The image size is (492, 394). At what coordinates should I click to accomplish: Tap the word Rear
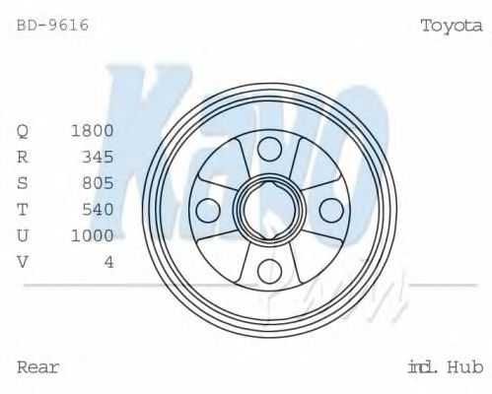pos(38,367)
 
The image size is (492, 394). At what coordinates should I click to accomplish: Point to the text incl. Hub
pos(445,367)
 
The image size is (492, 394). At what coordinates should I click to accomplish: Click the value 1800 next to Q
pos(93,130)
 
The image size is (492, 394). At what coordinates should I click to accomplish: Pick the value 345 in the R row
pos(98,156)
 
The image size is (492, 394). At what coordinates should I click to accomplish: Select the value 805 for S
pos(98,182)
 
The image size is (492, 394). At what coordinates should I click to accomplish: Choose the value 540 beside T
pos(98,208)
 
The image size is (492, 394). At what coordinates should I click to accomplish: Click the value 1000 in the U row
pos(93,234)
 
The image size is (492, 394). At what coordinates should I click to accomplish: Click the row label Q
pos(24,131)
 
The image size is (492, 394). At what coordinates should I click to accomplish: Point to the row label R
pos(24,156)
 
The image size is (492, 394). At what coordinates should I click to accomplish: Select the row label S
pos(24,182)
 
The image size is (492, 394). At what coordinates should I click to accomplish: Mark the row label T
pos(24,208)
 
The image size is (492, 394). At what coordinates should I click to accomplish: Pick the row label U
pos(24,234)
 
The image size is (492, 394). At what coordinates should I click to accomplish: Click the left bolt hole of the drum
pos(207,210)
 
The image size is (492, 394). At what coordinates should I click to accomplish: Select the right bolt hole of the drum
pos(330,210)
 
